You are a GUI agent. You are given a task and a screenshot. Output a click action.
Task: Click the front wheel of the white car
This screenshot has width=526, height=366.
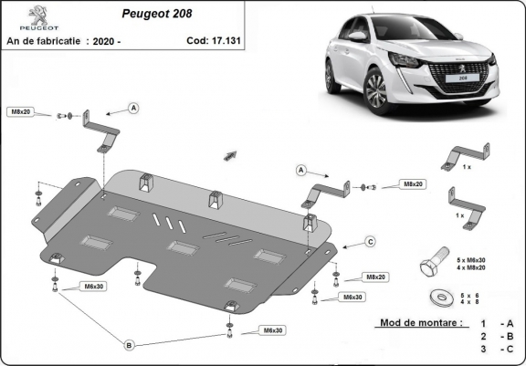click(x=375, y=90)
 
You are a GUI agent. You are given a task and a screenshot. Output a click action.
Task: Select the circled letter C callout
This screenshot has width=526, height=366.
click(x=371, y=241)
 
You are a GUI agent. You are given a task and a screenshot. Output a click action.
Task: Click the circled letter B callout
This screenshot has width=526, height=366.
click(x=129, y=344)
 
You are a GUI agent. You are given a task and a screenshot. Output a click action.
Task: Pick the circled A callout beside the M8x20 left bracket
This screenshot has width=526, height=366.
click(x=133, y=108)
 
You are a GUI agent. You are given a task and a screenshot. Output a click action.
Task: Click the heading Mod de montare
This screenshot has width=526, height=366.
click(x=416, y=323)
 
